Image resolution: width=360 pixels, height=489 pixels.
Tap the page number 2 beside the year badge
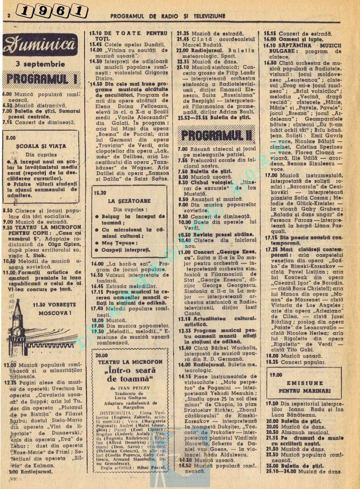(x=9, y=15)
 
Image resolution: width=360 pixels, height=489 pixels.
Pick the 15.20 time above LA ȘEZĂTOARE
(x=100, y=193)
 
